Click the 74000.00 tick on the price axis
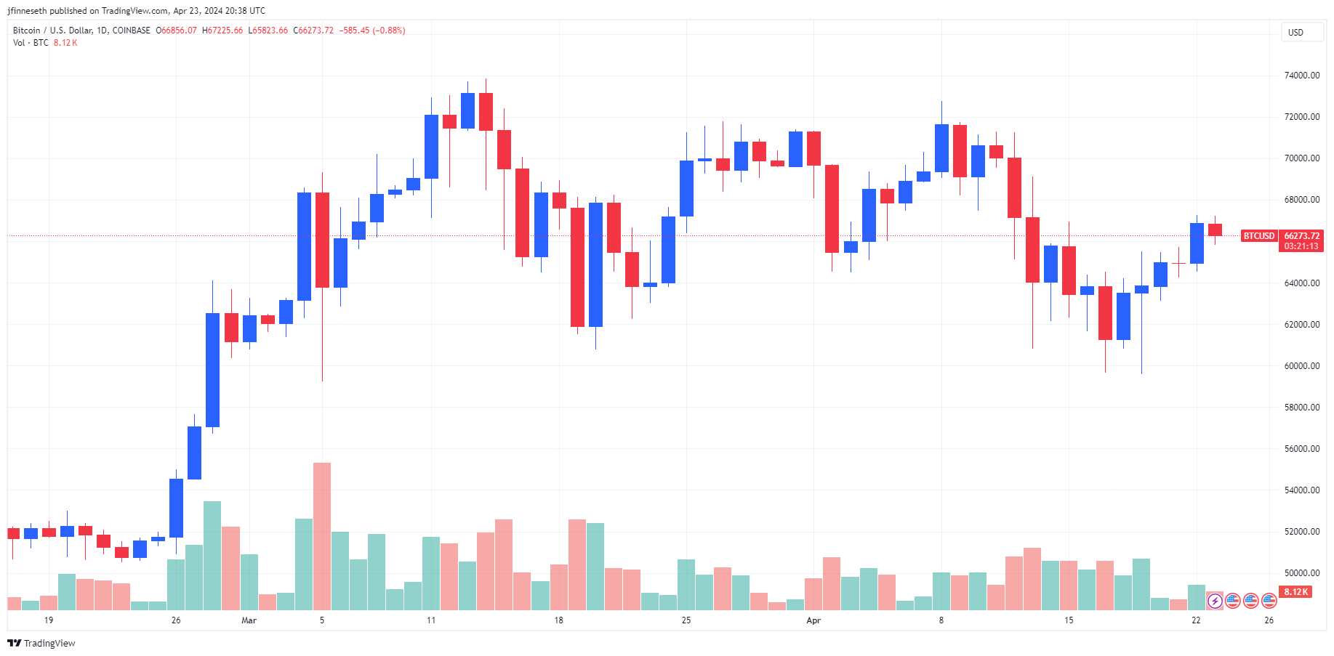[1301, 76]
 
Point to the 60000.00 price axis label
[1301, 366]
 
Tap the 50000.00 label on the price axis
[1301, 573]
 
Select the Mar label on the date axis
[249, 620]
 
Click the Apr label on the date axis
[813, 620]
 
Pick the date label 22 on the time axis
[1196, 620]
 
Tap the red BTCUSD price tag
[1258, 236]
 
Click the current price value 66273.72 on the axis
[1301, 236]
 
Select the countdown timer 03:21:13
[1301, 246]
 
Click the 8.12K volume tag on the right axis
[1296, 592]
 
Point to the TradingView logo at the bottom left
[41, 644]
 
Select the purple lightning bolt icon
[1215, 601]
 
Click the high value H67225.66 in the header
[222, 31]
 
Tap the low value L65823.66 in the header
[268, 31]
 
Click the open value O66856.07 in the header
[177, 31]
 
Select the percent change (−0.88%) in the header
[389, 31]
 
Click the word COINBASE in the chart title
[132, 31]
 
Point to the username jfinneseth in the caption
[27, 11]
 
